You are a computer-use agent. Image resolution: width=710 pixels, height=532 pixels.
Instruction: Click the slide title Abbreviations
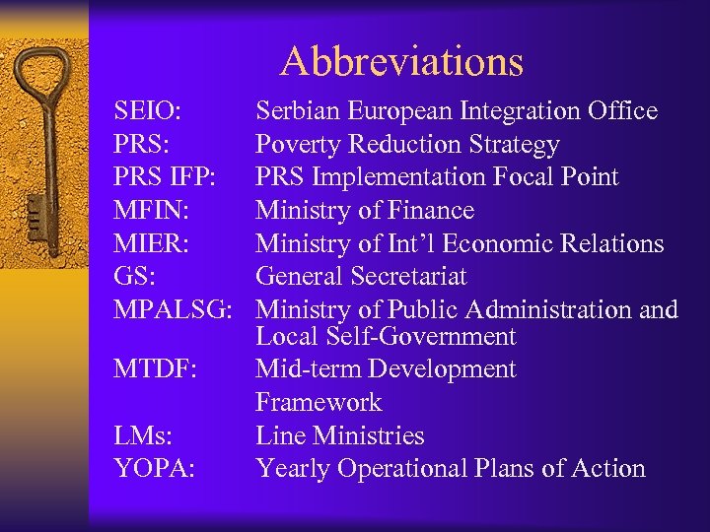click(401, 62)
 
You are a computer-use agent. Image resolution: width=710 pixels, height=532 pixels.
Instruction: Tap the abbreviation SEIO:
click(147, 111)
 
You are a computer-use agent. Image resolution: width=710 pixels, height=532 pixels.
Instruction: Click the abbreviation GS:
click(135, 277)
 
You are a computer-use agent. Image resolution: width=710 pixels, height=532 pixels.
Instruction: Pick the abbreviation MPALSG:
click(174, 310)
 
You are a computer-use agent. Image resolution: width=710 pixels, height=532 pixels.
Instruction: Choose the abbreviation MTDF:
click(155, 369)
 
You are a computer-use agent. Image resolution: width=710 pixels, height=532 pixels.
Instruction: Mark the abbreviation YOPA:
click(153, 469)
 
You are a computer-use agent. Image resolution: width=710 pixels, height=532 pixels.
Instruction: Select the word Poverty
click(298, 145)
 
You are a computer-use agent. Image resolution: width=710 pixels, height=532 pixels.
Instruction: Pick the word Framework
click(319, 403)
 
